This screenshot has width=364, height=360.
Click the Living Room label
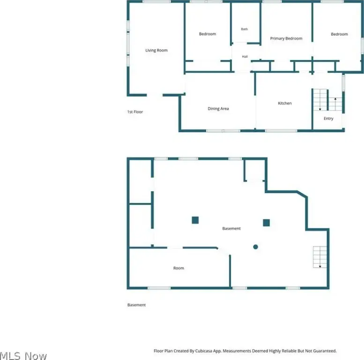[156, 50]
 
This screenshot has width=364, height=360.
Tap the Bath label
[244, 29]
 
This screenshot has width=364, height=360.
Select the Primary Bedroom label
[286, 38]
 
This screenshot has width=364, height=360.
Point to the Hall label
[245, 56]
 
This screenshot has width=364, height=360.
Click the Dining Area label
[218, 108]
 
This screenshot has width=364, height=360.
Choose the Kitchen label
[285, 103]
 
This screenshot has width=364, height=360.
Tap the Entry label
[328, 119]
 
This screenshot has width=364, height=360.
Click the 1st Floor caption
[135, 112]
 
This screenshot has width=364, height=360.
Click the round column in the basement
[255, 247]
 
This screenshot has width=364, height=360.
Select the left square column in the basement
[195, 220]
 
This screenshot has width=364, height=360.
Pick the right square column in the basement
[266, 223]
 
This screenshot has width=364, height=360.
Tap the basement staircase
[320, 257]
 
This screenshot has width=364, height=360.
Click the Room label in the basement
[178, 268]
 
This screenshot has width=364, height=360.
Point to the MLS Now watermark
[23, 356]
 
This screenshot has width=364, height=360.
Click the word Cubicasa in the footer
[204, 351]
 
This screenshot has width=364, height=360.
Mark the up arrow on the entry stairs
[335, 104]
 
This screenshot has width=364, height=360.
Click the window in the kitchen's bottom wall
[281, 131]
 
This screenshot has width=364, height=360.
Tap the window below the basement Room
[159, 288]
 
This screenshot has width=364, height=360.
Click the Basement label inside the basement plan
[231, 228]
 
